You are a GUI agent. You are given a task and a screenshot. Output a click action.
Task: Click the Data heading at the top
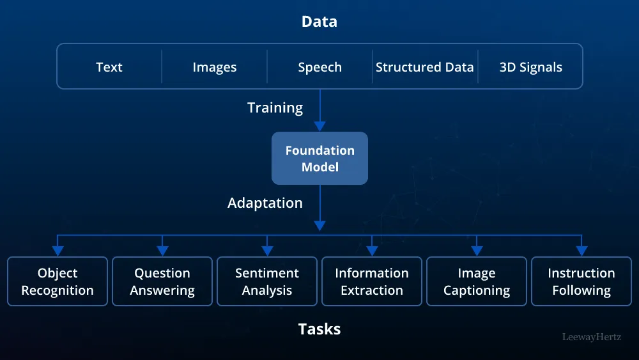pyautogui.click(x=319, y=22)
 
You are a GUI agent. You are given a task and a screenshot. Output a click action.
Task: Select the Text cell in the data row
pyautogui.click(x=109, y=67)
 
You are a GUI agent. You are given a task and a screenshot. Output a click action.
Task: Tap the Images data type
pyautogui.click(x=215, y=67)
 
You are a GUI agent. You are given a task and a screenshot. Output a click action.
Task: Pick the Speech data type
pyautogui.click(x=319, y=67)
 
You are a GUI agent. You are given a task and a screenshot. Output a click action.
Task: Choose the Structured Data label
pyautogui.click(x=425, y=67)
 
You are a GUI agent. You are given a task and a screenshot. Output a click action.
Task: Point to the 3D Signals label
pyautogui.click(x=531, y=67)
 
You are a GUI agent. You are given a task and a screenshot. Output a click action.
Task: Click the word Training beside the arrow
pyautogui.click(x=275, y=107)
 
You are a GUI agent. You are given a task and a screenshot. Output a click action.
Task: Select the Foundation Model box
pyautogui.click(x=319, y=159)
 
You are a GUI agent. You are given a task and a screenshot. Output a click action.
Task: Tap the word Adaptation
pyautogui.click(x=265, y=203)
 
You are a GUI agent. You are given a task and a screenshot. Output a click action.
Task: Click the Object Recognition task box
pyautogui.click(x=58, y=281)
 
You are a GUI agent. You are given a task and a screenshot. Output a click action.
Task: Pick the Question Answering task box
pyautogui.click(x=162, y=281)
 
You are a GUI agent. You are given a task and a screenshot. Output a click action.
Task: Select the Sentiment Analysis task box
pyautogui.click(x=267, y=281)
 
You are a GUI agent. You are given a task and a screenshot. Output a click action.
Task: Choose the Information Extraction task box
pyautogui.click(x=372, y=281)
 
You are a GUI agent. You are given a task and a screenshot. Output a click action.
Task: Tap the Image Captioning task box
pyautogui.click(x=477, y=281)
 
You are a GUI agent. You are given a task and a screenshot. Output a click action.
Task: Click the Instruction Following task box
pyautogui.click(x=581, y=281)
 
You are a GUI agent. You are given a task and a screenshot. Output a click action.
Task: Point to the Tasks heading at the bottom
pyautogui.click(x=319, y=329)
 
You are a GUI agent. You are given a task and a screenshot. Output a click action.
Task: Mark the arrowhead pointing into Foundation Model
pyautogui.click(x=319, y=126)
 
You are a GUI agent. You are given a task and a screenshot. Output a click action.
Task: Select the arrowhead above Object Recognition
pyautogui.click(x=58, y=251)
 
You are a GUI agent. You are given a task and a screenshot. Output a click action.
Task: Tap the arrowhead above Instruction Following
pyautogui.click(x=581, y=251)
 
